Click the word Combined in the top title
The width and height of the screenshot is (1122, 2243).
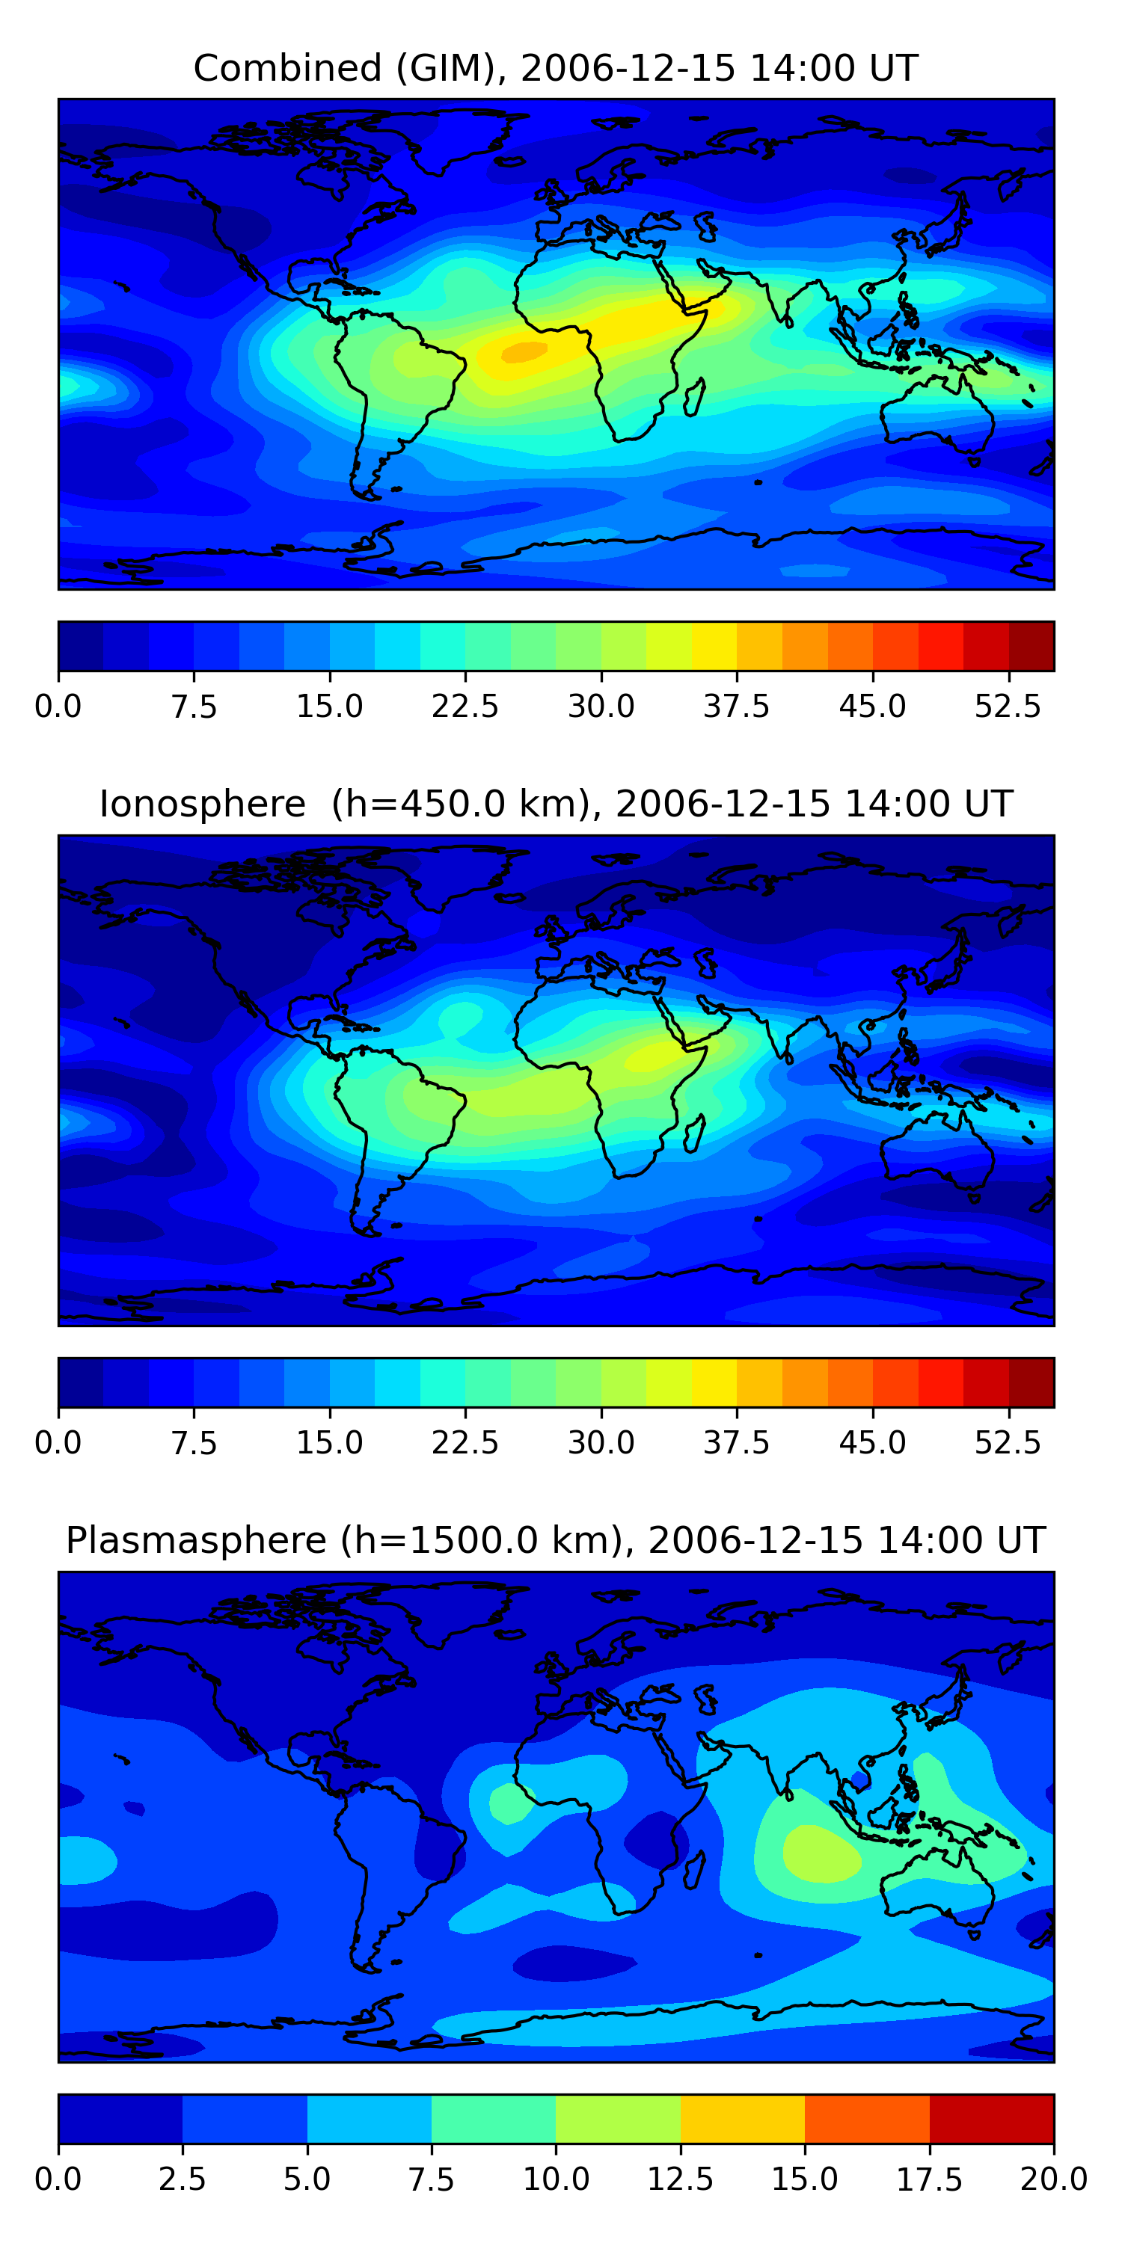click(287, 68)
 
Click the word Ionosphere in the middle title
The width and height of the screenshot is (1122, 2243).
click(202, 804)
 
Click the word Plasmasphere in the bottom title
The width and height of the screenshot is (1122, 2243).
click(196, 1540)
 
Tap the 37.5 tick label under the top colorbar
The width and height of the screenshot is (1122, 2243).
click(736, 706)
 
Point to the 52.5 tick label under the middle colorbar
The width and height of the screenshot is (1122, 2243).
click(1007, 1443)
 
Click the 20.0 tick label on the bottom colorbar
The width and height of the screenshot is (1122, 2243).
click(1053, 2179)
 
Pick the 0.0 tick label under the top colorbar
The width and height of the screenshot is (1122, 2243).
click(58, 706)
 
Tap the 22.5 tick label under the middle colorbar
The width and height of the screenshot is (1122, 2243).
click(465, 1443)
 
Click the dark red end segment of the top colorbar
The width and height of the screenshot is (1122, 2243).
click(1031, 646)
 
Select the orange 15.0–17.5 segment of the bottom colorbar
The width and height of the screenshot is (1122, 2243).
click(867, 2118)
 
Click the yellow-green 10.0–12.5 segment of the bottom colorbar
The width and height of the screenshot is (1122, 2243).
click(618, 2118)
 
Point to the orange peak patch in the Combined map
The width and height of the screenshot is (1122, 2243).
click(524, 351)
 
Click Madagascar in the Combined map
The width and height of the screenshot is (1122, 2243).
click(694, 399)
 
